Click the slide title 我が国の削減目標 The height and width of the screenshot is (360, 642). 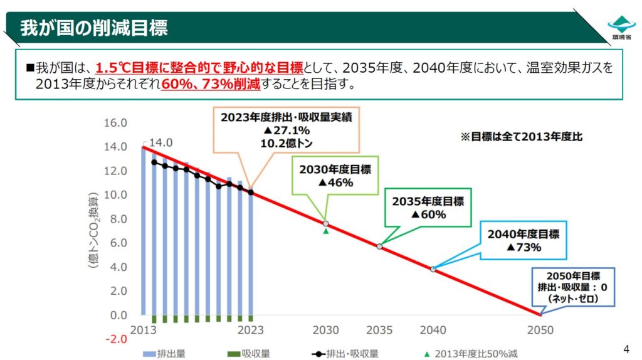94,28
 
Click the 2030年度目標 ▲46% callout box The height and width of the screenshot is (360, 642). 326,175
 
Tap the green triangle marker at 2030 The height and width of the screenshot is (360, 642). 326,231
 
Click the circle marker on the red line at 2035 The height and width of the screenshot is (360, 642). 379,246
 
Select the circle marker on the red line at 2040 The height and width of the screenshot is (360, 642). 433,269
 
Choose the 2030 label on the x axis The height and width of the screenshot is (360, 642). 326,330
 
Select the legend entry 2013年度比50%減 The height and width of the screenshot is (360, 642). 471,353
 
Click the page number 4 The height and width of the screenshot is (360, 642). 626,349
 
